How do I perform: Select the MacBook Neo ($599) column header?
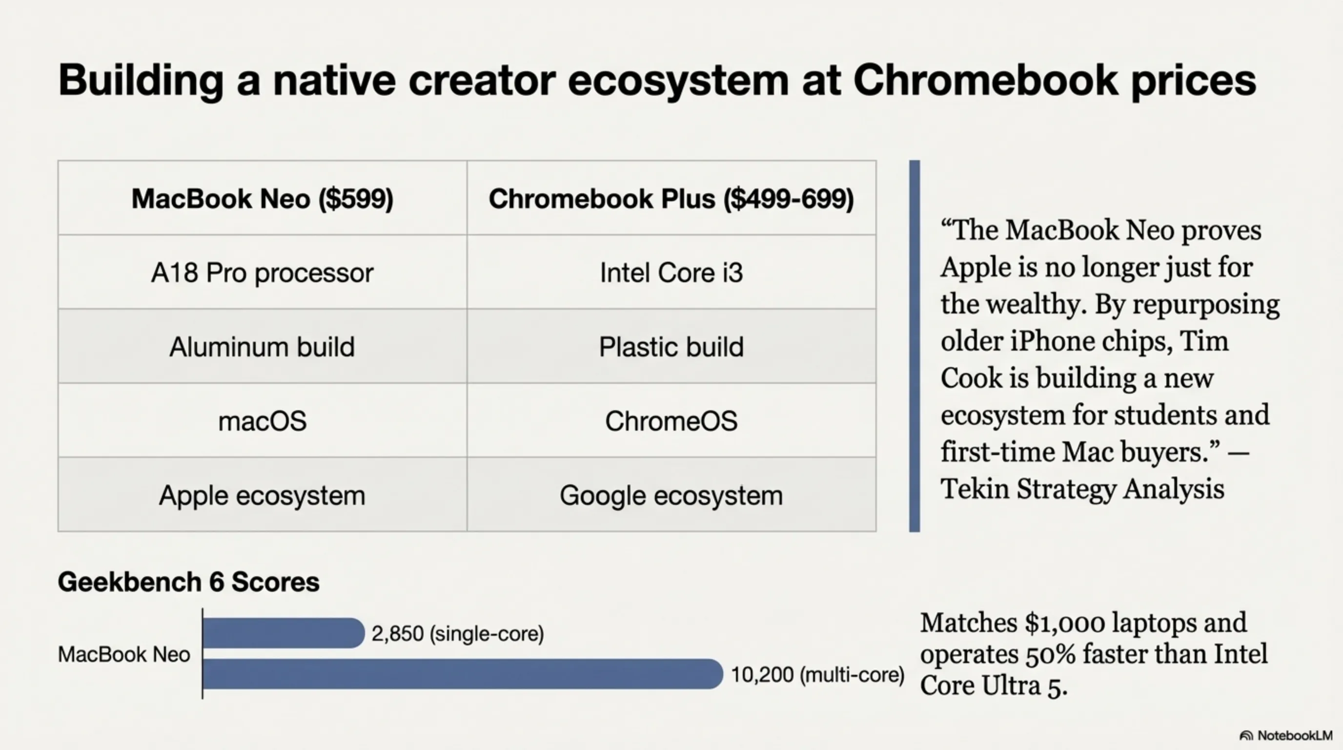click(262, 199)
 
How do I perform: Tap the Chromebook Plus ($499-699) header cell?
click(671, 199)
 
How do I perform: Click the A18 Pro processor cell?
click(262, 272)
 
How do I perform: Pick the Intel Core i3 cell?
click(671, 272)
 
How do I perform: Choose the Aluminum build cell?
click(262, 346)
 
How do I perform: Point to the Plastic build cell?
click(671, 346)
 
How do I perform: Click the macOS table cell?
click(262, 421)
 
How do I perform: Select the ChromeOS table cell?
click(671, 421)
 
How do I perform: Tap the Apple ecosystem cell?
click(262, 495)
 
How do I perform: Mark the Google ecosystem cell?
click(671, 495)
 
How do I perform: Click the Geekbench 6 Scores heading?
click(188, 582)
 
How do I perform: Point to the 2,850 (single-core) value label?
click(457, 634)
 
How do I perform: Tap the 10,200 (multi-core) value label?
click(817, 674)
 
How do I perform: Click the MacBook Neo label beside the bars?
click(124, 654)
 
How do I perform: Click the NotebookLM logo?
click(1286, 735)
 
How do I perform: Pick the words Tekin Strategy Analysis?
click(1082, 489)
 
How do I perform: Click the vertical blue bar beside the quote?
click(915, 346)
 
